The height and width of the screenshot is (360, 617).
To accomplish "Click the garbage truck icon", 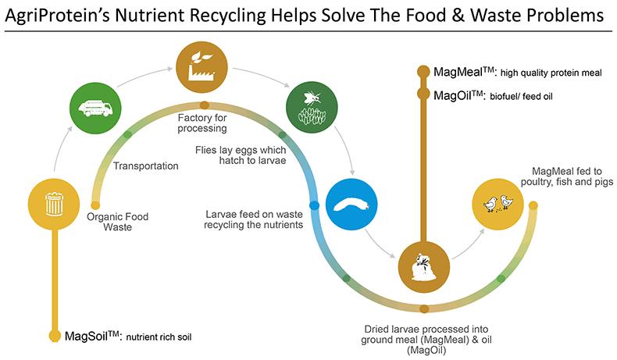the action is coord(95,108).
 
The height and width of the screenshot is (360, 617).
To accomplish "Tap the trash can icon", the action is coord(54,204).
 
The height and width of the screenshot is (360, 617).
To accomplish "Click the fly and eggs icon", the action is coord(312,107).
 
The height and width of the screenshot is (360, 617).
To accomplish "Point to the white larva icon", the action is coord(351,205).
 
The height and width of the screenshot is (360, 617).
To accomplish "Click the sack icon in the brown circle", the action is coord(423,268).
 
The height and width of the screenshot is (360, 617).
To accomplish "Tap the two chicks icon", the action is coord(498,203).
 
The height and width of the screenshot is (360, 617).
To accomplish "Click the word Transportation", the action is coord(145,166).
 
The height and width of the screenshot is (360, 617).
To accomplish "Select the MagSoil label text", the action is coord(128,337).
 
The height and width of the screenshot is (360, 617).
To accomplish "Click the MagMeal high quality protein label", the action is coord(518,73).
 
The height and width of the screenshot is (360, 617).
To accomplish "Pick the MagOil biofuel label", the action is coord(493,95).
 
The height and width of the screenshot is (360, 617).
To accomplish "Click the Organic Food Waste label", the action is coord(117,222).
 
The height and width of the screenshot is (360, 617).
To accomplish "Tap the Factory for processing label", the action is coord(202,123).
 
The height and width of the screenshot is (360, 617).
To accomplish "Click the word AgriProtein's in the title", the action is coord(55,16).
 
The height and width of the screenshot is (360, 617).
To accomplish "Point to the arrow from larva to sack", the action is coord(379,244).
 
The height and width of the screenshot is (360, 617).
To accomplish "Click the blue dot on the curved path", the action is coord(314,205).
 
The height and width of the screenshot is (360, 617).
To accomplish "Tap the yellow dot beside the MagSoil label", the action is coord(55,336).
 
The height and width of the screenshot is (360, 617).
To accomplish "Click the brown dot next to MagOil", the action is coord(423,94).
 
